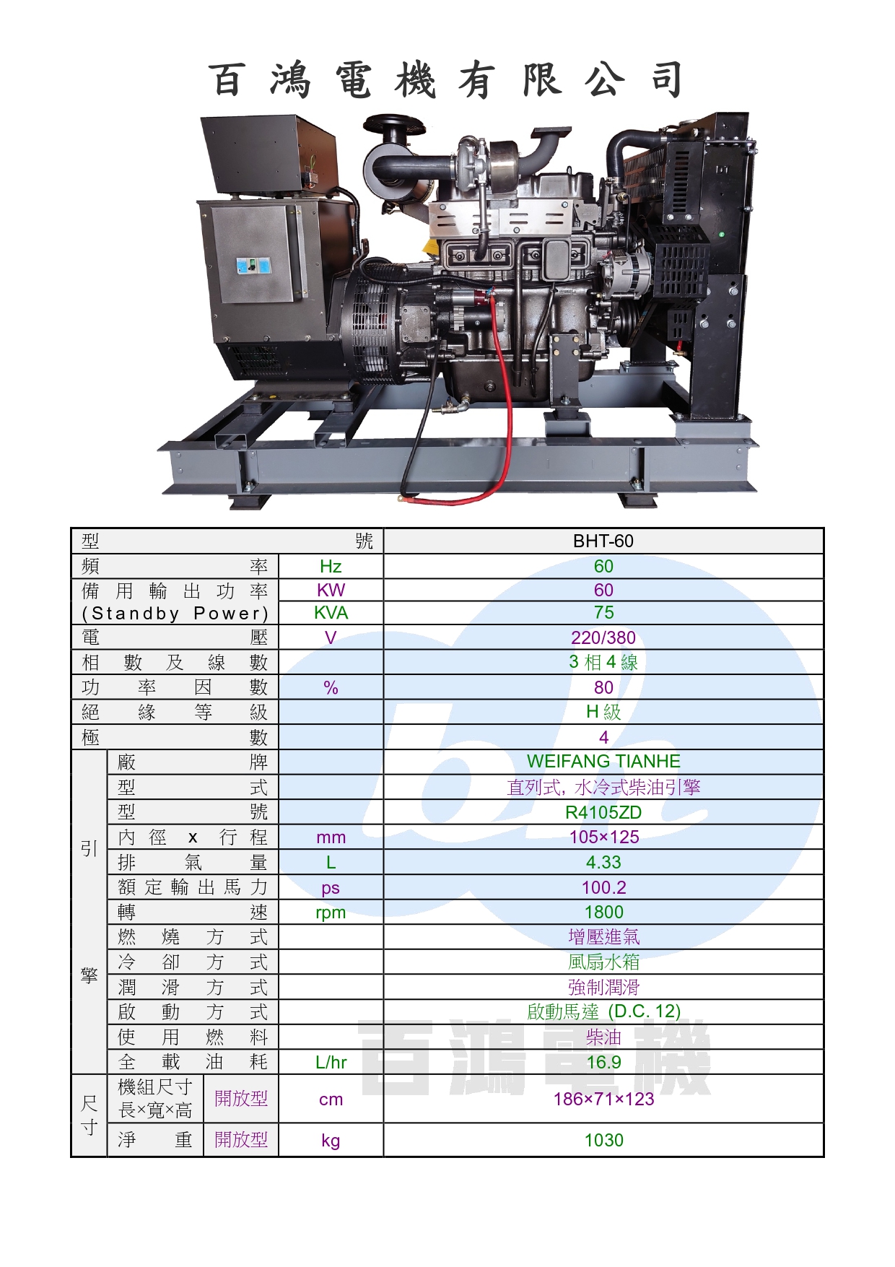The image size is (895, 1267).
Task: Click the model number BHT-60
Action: coord(603,541)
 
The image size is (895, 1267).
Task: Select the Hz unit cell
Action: coord(331,567)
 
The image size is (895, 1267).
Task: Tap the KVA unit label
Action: coord(331,613)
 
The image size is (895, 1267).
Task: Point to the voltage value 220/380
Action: coord(603,637)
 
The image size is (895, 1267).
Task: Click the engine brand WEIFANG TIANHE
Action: coord(603,761)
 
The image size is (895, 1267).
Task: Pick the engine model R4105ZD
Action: coord(603,812)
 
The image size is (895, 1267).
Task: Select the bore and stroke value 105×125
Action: coord(603,837)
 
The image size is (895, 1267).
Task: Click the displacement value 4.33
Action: coord(603,862)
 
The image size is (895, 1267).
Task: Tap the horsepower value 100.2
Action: coord(603,887)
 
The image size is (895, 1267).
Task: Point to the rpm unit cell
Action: coord(331,913)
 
